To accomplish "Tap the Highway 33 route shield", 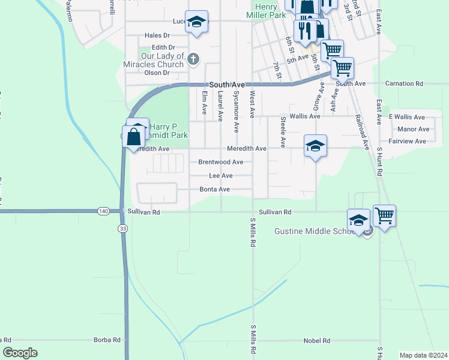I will point(122,229).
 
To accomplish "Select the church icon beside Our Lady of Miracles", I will point(193,59).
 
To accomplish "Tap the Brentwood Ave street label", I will point(220,162).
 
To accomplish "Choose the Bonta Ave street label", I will point(215,190).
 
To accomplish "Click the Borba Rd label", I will point(107,340).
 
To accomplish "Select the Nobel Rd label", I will point(318,341).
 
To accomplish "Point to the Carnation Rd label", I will point(404,83).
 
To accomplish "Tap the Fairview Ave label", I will point(407,142).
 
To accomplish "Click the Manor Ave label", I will point(414,129).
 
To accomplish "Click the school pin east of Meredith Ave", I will point(315,146).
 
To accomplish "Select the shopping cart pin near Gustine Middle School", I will point(384,215).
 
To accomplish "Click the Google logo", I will point(20,353).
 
